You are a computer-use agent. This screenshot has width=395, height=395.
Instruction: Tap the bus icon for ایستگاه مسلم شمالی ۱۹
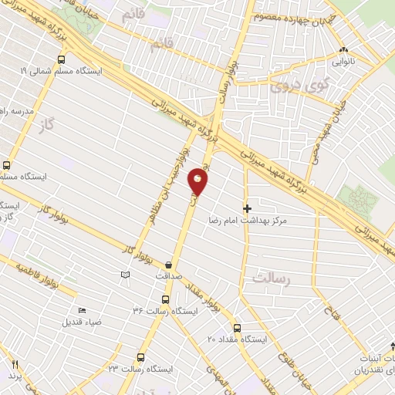[61, 59]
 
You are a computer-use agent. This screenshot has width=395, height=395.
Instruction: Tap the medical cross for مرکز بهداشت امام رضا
[247, 208]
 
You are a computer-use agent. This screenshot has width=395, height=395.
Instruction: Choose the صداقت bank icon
[168, 265]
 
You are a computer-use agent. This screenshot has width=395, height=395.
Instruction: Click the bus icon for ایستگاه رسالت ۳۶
[164, 299]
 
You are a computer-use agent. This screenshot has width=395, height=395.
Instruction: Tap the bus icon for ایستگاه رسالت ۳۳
[140, 357]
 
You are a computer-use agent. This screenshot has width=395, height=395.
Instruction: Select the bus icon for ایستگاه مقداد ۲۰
[237, 327]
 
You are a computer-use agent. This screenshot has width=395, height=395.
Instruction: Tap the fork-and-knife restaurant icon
[14, 363]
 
